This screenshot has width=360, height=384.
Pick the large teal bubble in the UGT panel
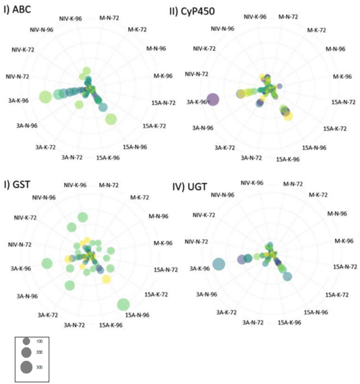219,263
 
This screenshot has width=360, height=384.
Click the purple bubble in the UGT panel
241,259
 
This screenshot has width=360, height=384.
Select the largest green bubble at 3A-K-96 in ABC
44,97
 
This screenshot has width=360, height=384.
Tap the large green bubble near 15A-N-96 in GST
124,305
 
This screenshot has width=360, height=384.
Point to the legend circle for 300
26,367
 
